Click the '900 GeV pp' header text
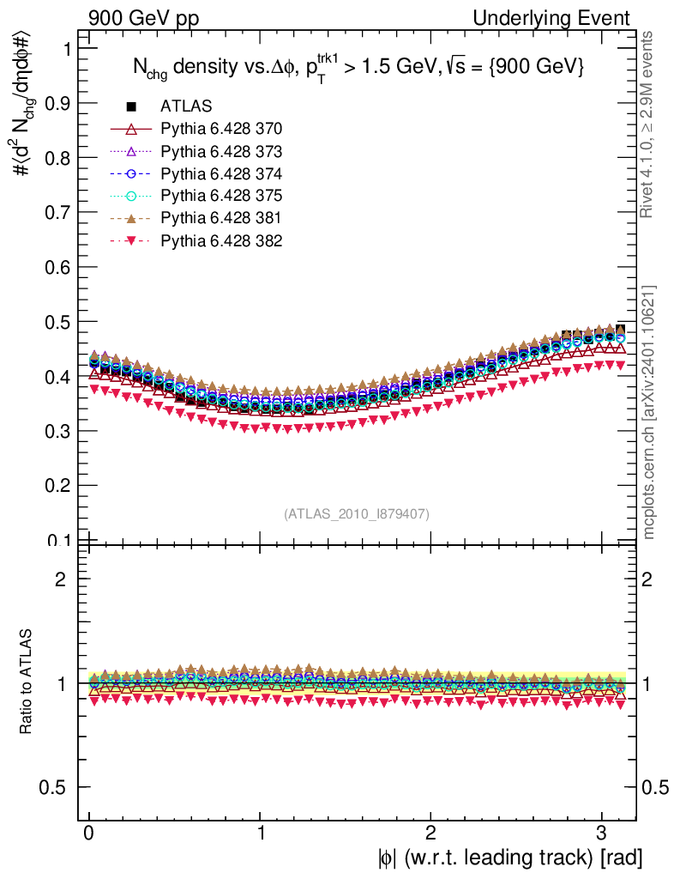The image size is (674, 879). click(x=137, y=18)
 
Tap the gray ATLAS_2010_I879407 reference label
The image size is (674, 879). click(x=357, y=513)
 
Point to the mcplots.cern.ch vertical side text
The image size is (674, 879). click(x=649, y=411)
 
